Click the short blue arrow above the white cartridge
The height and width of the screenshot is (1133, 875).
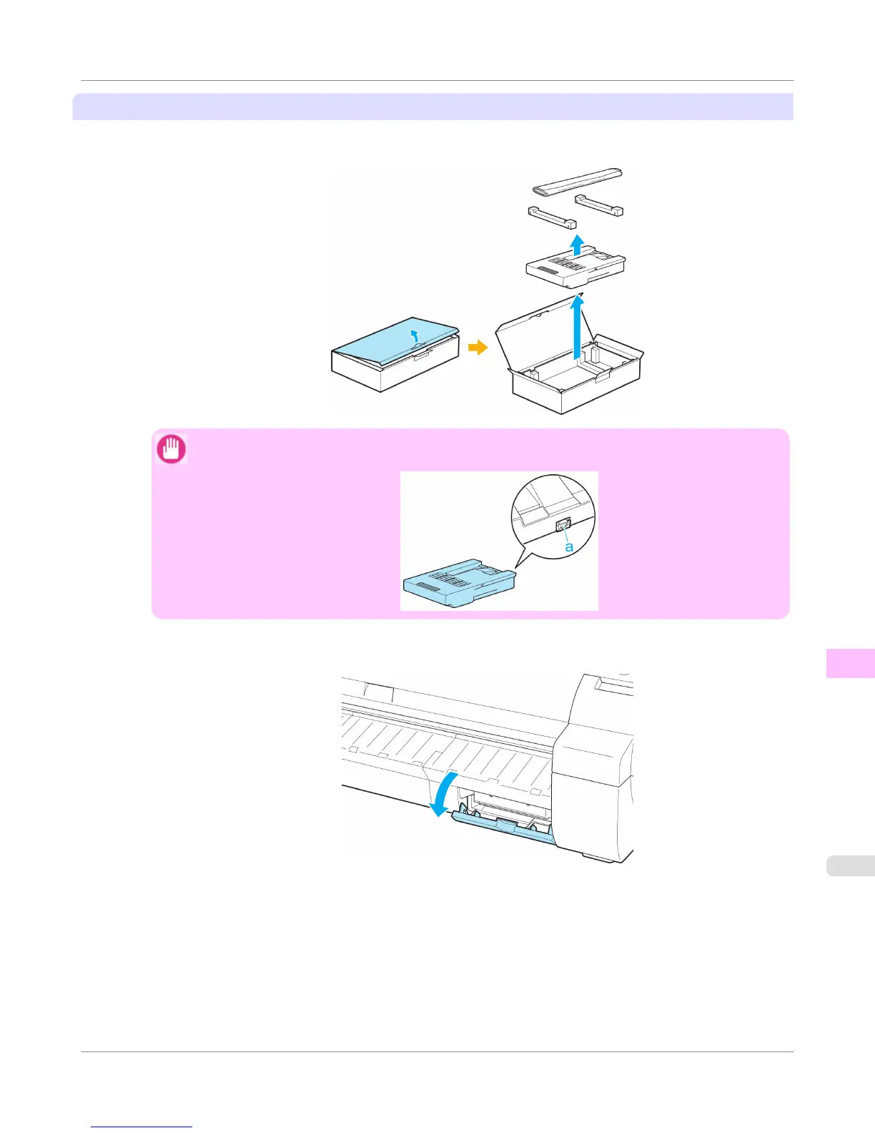[576, 244]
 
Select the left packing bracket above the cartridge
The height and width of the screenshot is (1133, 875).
[552, 217]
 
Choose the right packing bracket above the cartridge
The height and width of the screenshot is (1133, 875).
[599, 205]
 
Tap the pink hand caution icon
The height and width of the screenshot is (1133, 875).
[171, 450]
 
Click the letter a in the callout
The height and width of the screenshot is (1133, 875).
[569, 546]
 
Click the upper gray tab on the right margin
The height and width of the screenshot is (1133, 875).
[851, 663]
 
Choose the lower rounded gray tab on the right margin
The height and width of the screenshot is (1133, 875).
[851, 865]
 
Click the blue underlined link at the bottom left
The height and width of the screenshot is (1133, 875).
[142, 1127]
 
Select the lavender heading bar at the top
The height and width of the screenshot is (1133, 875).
[433, 107]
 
